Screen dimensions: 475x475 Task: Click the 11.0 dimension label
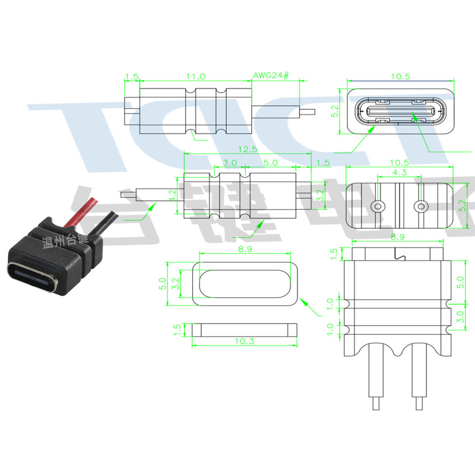195,77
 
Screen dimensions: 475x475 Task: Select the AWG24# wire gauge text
270,76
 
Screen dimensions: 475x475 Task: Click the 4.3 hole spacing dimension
398,173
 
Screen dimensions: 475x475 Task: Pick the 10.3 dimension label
244,341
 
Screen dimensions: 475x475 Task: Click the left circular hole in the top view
378,207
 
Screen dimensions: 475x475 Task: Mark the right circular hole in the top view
421,207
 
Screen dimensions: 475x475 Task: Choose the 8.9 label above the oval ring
244,250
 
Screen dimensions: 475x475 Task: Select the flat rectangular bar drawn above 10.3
244,328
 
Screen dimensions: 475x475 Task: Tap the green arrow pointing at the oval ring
308,305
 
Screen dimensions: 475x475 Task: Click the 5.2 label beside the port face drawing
334,111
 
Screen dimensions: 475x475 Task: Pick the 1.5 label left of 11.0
132,77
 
